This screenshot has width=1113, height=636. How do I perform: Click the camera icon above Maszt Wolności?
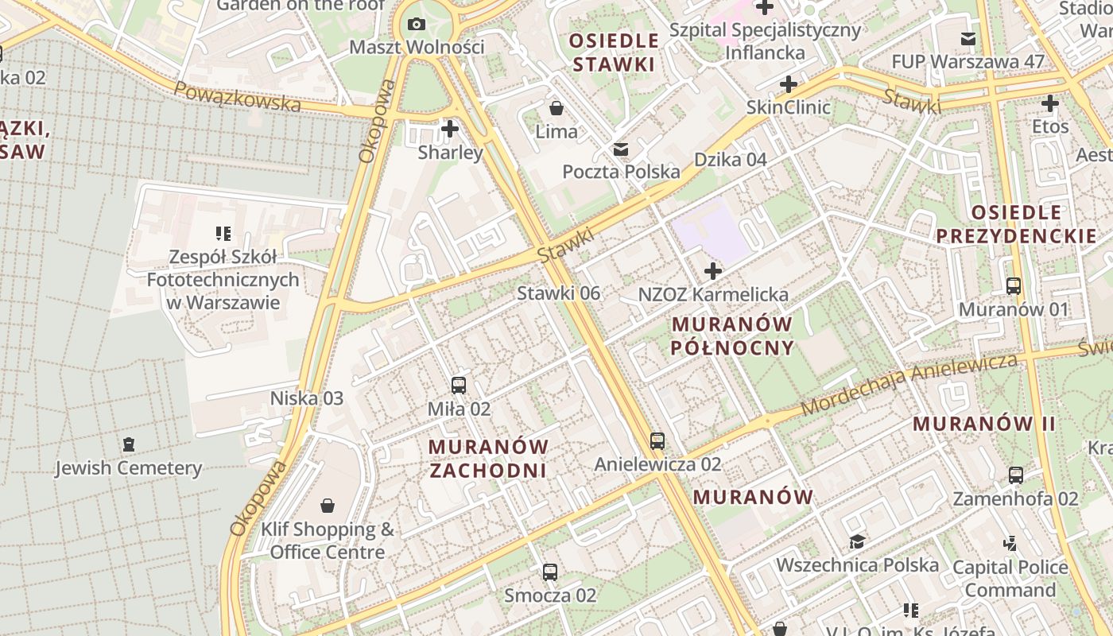coord(416,25)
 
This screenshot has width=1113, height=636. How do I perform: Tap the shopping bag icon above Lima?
coord(556,107)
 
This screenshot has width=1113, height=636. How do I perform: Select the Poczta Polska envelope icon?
coord(621,149)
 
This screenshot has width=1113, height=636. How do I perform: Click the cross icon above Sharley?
coord(450,128)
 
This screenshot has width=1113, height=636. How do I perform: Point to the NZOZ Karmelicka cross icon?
coord(713,271)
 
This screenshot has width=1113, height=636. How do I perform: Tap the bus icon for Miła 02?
coord(459,386)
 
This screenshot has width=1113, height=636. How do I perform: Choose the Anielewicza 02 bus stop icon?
coord(657,440)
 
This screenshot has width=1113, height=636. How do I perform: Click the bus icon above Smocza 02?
coord(549,572)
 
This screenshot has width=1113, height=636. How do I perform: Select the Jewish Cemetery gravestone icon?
coord(129,444)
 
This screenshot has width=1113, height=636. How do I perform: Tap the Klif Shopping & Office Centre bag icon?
coord(328,506)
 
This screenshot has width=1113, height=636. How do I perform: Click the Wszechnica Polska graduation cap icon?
coord(857,542)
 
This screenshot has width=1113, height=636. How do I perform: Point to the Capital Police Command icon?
coord(1010,544)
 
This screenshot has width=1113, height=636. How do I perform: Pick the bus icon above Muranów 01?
coord(1014,286)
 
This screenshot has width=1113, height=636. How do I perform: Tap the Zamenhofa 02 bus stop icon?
coord(1016,475)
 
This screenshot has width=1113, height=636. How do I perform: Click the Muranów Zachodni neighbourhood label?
coord(488,458)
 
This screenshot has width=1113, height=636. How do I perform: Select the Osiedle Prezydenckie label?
coord(1016,224)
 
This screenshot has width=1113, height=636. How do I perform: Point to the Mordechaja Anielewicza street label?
coord(909,385)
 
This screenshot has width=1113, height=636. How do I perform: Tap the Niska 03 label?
coord(307,397)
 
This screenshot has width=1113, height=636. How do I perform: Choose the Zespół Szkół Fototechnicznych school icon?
coord(223,234)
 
